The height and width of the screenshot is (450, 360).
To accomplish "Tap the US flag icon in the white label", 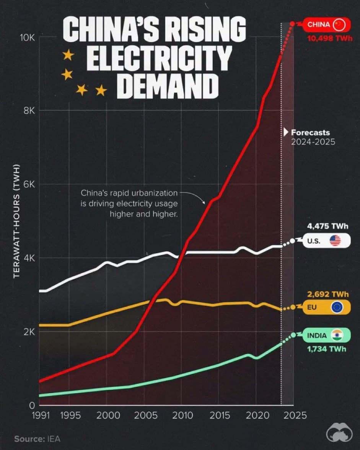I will point(335,241).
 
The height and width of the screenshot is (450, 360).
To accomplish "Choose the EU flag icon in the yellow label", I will point(337,307).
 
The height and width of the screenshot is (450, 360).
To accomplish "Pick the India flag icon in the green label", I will point(337,335).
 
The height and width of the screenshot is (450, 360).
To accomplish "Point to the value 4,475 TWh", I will point(328,226).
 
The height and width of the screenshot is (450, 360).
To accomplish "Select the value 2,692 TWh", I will point(327,294).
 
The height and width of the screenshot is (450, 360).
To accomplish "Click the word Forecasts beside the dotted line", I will point(310,133).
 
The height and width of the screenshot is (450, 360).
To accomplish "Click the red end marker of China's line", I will point(293,24).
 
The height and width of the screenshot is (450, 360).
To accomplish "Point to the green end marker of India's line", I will point(293,335).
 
